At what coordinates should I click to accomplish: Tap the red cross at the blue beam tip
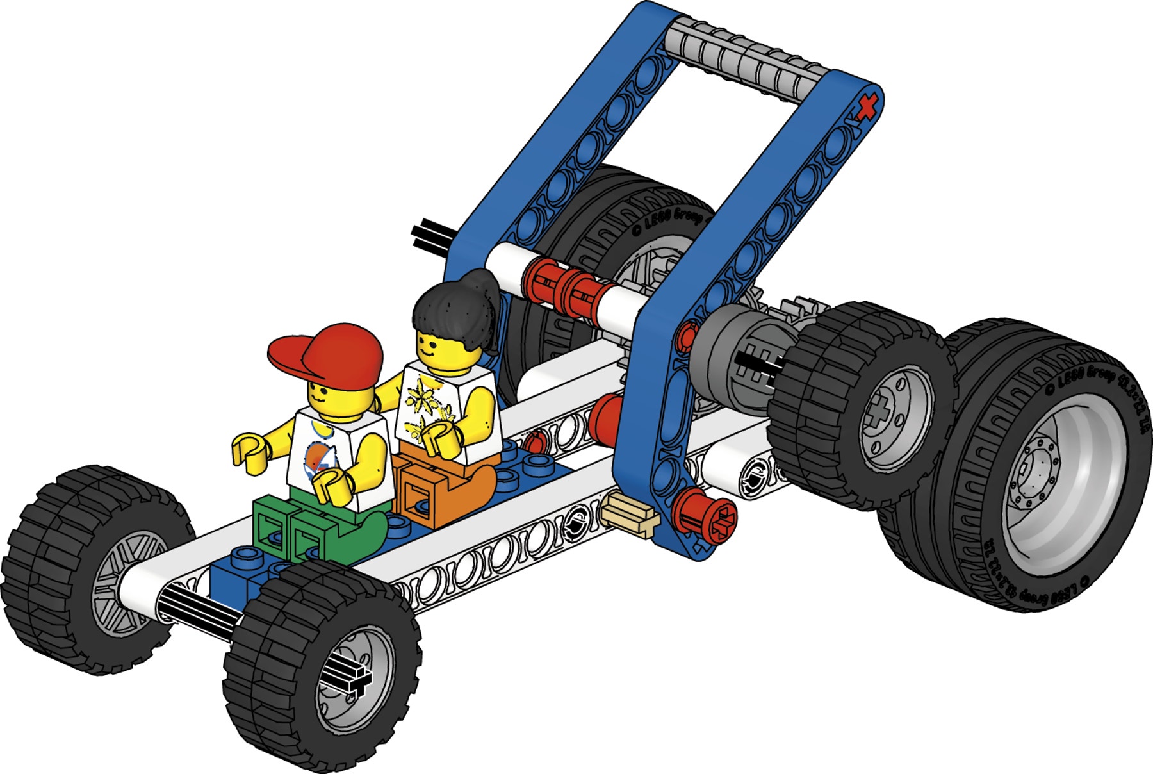pyautogui.click(x=866, y=108)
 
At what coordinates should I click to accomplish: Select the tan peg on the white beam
pyautogui.click(x=631, y=516)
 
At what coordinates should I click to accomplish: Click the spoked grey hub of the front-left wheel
pyautogui.click(x=125, y=583)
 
